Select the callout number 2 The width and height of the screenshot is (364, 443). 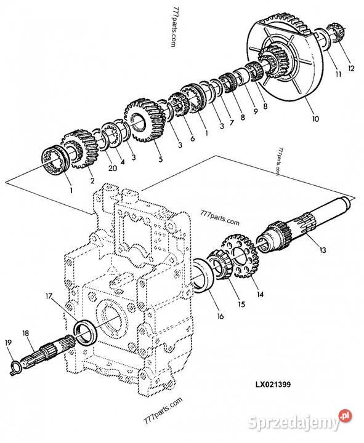(92, 180)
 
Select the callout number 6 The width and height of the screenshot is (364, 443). (192, 138)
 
